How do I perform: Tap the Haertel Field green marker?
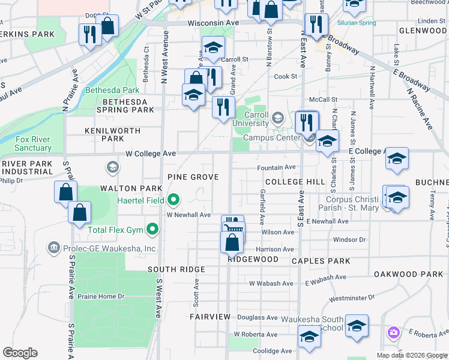[x=173, y=200]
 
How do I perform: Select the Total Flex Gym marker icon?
[x=152, y=229]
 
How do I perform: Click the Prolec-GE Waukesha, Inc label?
[x=108, y=248]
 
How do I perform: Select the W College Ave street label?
[x=151, y=154]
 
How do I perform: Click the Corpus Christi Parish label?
[x=354, y=204]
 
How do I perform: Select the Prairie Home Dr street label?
[x=103, y=296]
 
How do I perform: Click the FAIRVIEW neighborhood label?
[x=210, y=316]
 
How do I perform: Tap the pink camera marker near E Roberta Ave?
[x=393, y=332]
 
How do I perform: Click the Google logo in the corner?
[x=20, y=353]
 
